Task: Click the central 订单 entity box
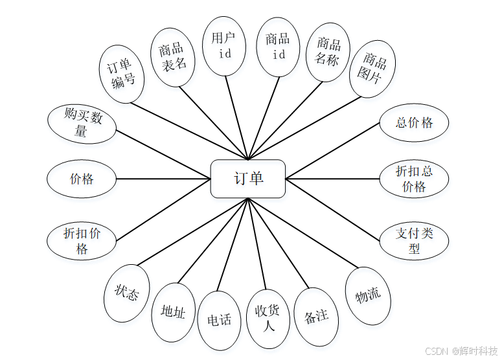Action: (x=248, y=179)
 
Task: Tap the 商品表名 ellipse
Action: (x=172, y=56)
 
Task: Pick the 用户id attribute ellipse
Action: (x=224, y=45)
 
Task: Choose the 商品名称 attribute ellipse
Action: (x=328, y=52)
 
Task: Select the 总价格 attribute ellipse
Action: (x=414, y=122)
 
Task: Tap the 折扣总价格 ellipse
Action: (x=414, y=179)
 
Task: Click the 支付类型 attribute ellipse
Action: (x=414, y=240)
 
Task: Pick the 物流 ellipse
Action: (x=368, y=295)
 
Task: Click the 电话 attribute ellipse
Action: (x=219, y=320)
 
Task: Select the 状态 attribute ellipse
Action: (x=127, y=293)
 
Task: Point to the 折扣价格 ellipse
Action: (x=82, y=240)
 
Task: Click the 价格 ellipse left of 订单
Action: (x=82, y=179)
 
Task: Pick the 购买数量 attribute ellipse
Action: (x=82, y=123)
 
